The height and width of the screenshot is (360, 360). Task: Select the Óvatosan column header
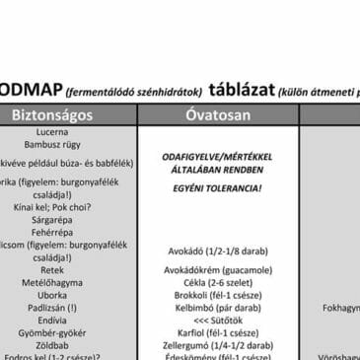[x=219, y=114]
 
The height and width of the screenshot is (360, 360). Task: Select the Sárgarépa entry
[x=51, y=220]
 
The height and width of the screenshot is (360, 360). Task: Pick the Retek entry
[x=51, y=269]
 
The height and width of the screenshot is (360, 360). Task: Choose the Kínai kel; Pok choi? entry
[x=51, y=207]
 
